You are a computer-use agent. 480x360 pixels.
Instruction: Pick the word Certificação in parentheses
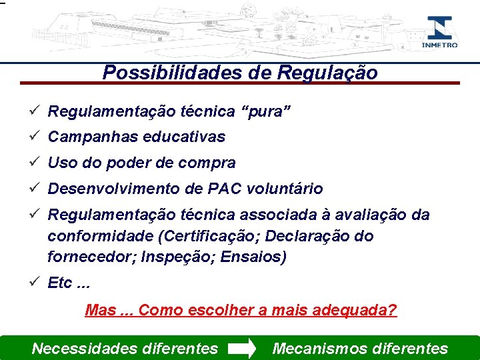coord(197,236)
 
